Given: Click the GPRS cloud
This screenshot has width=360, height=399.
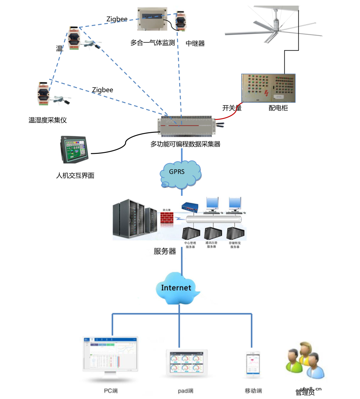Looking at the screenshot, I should (180, 174).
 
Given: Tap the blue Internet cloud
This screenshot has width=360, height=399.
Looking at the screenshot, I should (177, 288).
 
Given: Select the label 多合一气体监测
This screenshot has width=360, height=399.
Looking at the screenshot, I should (152, 43).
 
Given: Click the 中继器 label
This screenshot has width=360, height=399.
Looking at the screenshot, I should (195, 43).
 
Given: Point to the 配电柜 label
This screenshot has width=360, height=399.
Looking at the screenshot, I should (278, 108).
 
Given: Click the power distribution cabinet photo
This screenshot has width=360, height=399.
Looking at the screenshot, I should (268, 88).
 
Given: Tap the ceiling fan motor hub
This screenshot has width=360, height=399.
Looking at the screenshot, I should (275, 25).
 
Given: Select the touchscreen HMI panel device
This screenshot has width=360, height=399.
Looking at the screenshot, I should (74, 149).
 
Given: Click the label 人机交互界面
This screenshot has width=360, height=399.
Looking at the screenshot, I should (75, 176).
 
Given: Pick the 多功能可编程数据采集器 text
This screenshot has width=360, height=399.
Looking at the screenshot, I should (185, 144).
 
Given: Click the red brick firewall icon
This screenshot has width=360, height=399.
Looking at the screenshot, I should (167, 218).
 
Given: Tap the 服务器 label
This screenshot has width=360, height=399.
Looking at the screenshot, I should (165, 251).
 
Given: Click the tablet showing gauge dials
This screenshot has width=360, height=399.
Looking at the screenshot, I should (187, 363).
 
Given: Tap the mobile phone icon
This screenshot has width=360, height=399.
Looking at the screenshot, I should (253, 364).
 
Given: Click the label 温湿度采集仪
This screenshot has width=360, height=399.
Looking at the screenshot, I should (48, 120).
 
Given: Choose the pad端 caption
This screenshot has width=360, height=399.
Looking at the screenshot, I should (185, 391).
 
